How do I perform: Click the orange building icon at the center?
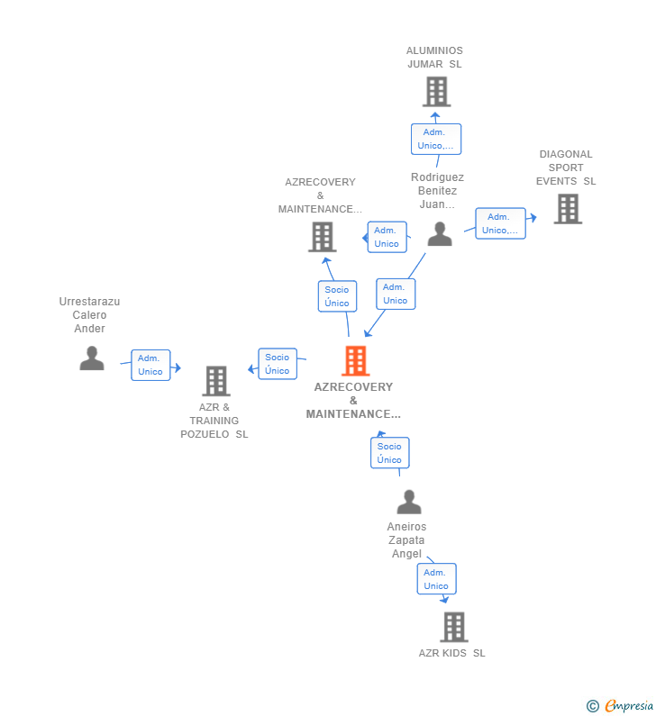[x=355, y=361]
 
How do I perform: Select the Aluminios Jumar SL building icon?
[x=435, y=92]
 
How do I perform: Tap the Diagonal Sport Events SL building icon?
[x=567, y=209]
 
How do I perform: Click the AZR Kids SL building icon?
[x=453, y=627]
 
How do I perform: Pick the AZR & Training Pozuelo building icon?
[x=215, y=381]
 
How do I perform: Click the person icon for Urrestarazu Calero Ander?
[x=91, y=358]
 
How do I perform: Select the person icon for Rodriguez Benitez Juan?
[x=439, y=234]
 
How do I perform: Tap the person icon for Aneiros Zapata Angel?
[x=408, y=502]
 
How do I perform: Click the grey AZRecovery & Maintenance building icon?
[x=322, y=237]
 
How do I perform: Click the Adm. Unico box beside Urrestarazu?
[x=150, y=365]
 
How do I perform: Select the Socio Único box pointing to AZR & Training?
[x=278, y=364]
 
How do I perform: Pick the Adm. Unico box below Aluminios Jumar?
[x=436, y=139]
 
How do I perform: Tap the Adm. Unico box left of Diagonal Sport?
[x=500, y=223]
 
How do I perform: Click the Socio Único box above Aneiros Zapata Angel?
[x=389, y=453]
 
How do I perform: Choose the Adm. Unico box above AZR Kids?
[x=436, y=579]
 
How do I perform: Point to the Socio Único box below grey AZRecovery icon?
[x=337, y=296]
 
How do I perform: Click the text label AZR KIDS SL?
[x=451, y=653]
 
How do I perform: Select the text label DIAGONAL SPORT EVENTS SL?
[x=566, y=168]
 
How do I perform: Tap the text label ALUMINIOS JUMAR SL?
[x=434, y=58]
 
